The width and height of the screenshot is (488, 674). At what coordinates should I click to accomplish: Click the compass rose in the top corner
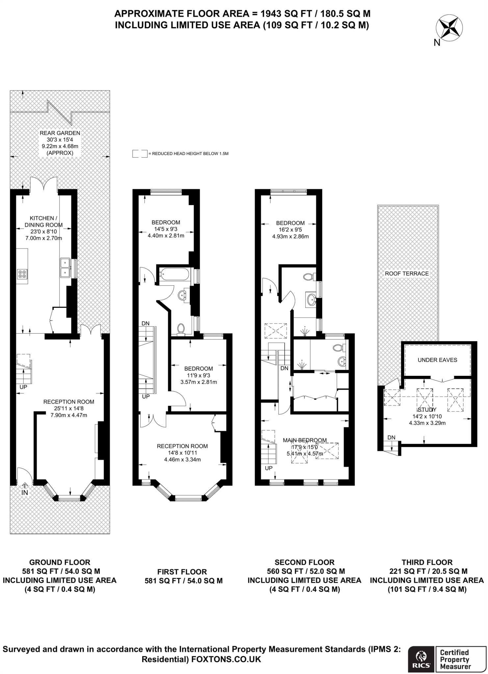point(449,28)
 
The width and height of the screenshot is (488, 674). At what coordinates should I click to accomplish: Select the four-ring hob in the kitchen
point(22,274)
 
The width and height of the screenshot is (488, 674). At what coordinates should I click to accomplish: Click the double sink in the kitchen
point(65,267)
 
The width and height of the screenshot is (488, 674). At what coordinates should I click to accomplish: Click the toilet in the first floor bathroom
point(181,329)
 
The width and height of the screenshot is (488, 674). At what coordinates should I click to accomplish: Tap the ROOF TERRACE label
point(407,273)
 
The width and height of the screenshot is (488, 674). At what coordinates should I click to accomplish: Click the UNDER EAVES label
point(437,360)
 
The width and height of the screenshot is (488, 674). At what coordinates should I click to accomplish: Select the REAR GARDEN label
point(60,133)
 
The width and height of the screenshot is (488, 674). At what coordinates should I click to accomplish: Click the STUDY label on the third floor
point(427,410)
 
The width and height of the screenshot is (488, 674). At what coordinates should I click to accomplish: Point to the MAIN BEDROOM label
point(305,440)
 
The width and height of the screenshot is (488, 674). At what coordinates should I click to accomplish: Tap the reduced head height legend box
point(140,154)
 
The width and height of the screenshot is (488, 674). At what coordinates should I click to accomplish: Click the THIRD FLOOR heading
point(427,562)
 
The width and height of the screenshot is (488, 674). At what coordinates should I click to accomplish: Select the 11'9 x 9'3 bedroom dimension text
point(199,375)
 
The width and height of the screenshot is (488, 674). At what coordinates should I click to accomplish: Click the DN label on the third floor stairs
point(391,437)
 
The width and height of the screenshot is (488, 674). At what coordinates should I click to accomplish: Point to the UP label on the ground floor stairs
point(23,387)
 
